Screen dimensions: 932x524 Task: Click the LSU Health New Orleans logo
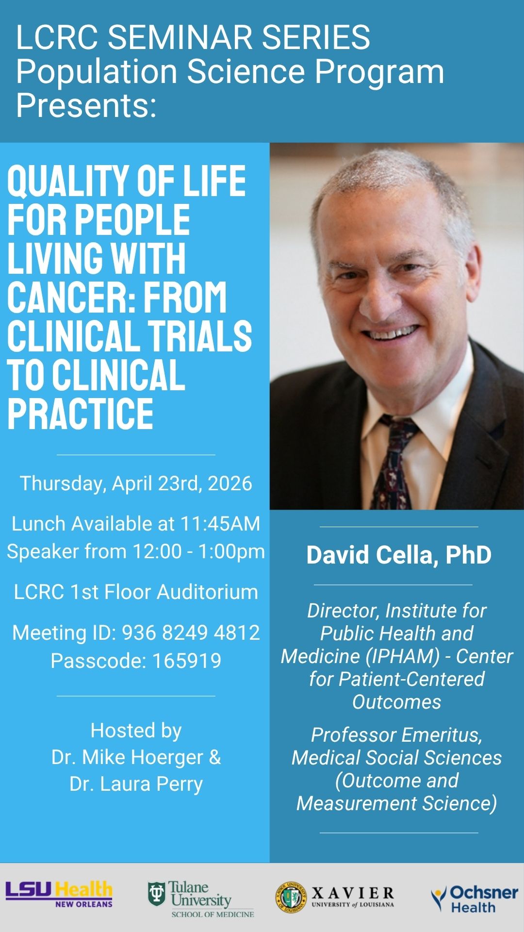(x=59, y=894)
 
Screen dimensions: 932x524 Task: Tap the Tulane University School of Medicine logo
(x=201, y=899)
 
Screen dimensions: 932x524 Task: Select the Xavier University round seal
(x=291, y=897)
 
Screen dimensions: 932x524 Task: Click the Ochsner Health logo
(x=474, y=899)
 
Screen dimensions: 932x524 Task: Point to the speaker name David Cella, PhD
(x=398, y=555)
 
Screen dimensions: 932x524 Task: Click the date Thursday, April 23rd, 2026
(x=136, y=483)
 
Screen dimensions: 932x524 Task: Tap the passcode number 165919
(x=187, y=661)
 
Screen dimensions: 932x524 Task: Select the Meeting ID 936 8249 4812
(x=191, y=632)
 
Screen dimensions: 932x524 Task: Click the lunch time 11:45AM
(x=220, y=524)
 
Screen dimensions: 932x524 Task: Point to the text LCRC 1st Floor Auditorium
(x=136, y=592)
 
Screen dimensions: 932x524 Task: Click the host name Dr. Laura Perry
(x=136, y=784)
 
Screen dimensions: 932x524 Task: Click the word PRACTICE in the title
(x=80, y=414)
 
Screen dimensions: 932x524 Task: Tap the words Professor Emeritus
(x=396, y=735)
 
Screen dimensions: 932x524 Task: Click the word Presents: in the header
(x=86, y=105)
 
